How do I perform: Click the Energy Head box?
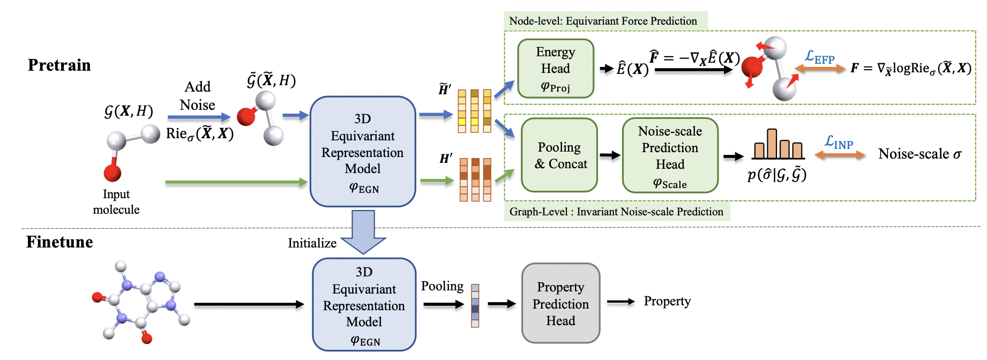[555, 69]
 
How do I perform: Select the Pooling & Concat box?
[559, 155]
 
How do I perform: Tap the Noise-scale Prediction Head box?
[670, 155]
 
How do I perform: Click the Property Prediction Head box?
[560, 303]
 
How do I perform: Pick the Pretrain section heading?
[59, 65]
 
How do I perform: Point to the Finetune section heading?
[59, 242]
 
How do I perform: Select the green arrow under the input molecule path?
[236, 183]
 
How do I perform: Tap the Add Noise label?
[198, 95]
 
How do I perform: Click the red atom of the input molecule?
[113, 173]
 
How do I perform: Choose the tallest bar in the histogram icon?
[772, 144]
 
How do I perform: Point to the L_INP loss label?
[839, 142]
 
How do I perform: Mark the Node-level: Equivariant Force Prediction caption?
[603, 21]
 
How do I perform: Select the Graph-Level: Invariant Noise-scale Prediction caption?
[616, 212]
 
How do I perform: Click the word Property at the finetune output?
[667, 301]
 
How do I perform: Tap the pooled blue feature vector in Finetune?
[475, 305]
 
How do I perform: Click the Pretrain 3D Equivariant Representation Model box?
[363, 152]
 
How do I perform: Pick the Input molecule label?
[116, 202]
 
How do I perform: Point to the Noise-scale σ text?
[919, 154]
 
